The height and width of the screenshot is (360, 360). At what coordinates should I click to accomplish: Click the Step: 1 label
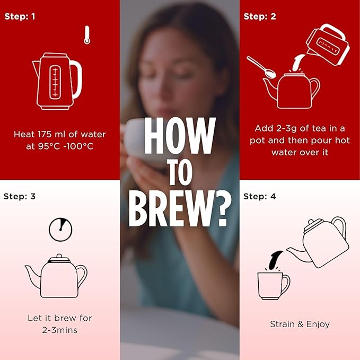click(20, 16)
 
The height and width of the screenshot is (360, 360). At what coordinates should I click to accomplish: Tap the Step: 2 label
click(260, 16)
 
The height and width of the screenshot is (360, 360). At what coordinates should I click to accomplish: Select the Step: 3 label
click(20, 197)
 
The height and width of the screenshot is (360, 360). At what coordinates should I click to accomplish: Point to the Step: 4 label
click(259, 197)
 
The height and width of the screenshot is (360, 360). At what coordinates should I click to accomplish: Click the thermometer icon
click(87, 35)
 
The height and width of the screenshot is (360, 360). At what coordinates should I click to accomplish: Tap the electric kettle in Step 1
click(57, 81)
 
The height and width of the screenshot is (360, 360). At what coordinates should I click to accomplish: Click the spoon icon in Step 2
click(261, 67)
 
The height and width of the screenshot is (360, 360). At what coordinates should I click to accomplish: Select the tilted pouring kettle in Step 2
click(328, 45)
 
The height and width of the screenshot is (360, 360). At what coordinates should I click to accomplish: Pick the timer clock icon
click(60, 230)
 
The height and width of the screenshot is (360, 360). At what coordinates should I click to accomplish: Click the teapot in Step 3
click(56, 276)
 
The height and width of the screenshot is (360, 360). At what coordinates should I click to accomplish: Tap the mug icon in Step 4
click(274, 286)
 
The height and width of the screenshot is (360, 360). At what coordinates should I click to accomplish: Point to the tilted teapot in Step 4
click(319, 242)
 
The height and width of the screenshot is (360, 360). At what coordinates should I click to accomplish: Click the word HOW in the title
click(180, 136)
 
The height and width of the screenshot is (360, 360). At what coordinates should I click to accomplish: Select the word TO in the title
click(180, 172)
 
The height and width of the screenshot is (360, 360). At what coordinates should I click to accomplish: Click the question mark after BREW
click(221, 208)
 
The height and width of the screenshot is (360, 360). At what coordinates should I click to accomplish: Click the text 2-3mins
click(60, 330)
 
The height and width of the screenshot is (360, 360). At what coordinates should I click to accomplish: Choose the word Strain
click(283, 324)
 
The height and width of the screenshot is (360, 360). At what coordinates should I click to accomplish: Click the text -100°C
click(78, 146)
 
